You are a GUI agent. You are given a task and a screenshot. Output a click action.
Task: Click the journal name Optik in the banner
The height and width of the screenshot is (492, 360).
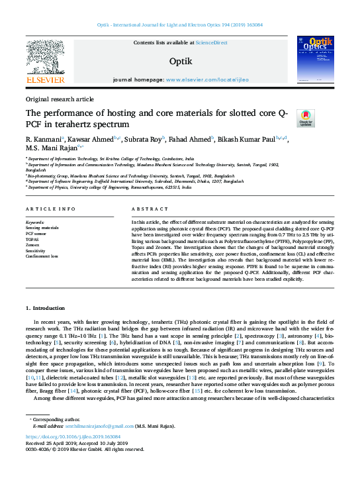[181, 61]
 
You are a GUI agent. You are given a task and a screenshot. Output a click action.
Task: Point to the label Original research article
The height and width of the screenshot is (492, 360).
[60, 99]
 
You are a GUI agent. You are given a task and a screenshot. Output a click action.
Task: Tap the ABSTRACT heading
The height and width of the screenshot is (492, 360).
[146, 208]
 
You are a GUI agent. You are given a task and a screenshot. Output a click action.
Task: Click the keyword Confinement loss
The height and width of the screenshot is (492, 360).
[41, 256]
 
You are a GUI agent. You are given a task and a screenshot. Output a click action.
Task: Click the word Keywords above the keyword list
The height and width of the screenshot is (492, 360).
[35, 222]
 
